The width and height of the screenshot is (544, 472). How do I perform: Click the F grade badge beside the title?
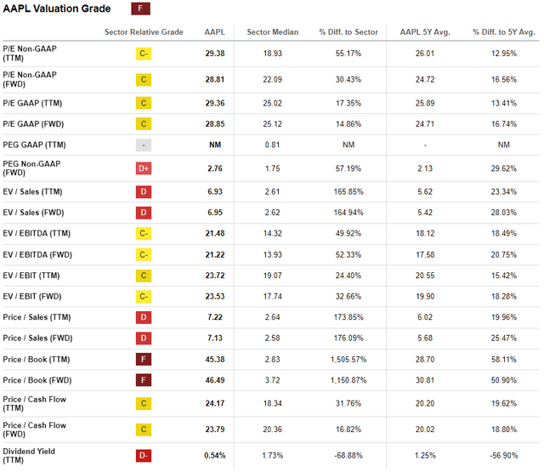[143, 9]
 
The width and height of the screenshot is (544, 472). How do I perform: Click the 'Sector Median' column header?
[272, 32]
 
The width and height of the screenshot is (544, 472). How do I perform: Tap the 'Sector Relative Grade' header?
[144, 32]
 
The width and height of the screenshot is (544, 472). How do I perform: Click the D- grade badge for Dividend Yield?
[144, 455]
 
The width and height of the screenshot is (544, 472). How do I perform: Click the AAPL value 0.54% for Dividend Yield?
[215, 455]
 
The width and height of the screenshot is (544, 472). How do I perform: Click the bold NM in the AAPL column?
[215, 145]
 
